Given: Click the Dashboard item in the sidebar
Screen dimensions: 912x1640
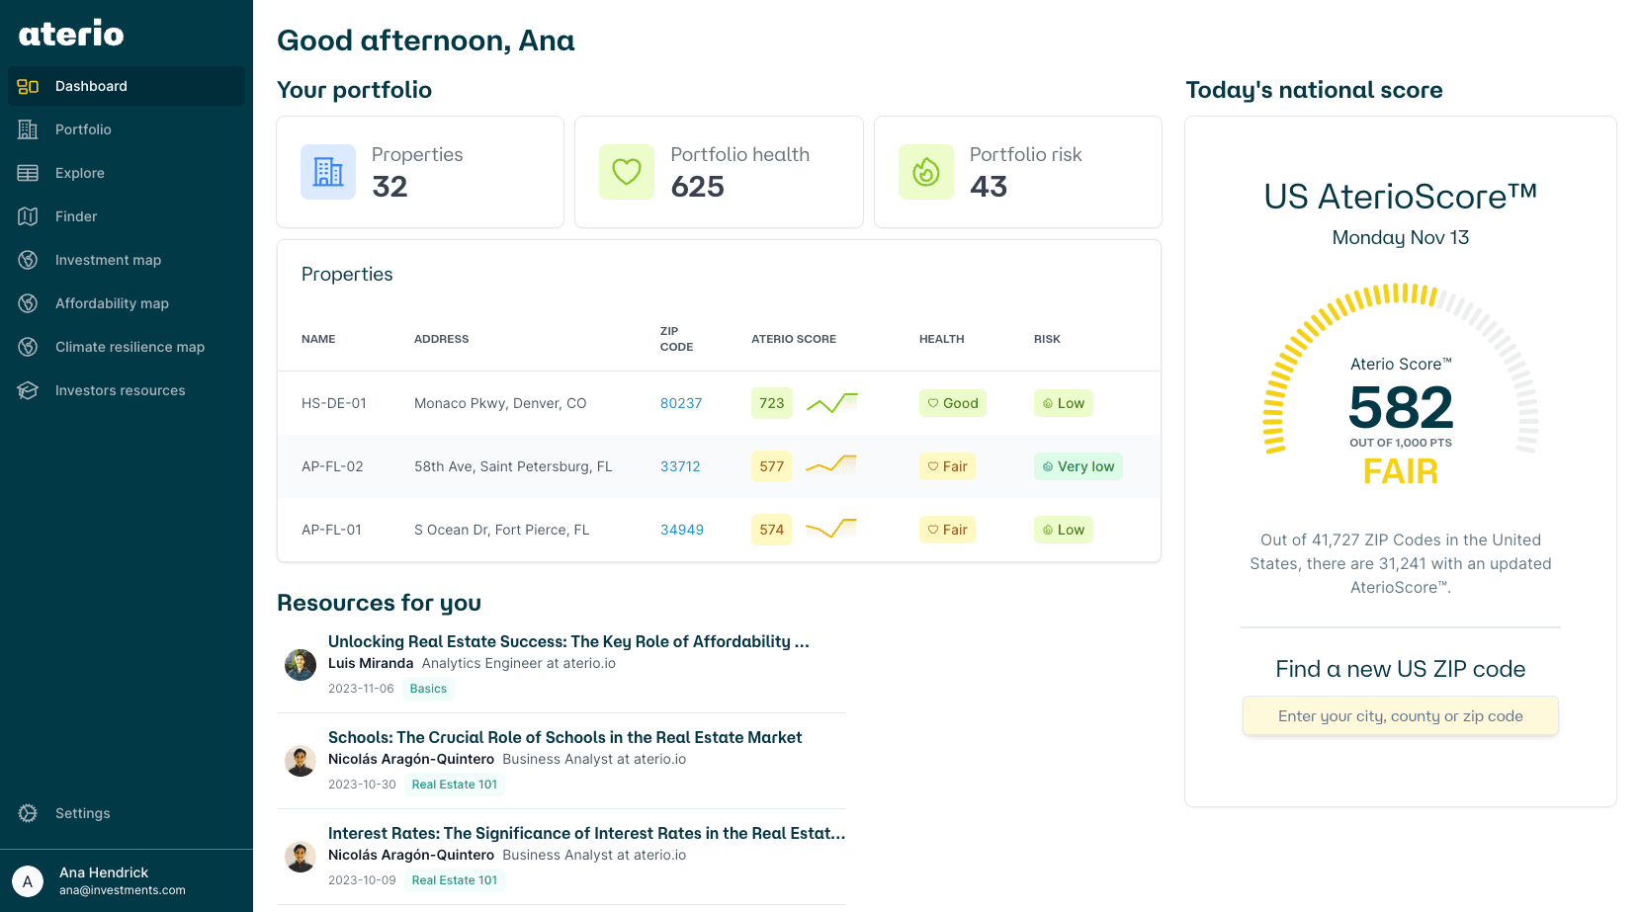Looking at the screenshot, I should (x=91, y=86).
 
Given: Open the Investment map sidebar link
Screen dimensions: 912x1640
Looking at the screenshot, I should (x=108, y=260).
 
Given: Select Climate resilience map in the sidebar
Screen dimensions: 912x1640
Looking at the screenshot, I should (x=129, y=347).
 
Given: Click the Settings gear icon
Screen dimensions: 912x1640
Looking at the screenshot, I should (x=28, y=813).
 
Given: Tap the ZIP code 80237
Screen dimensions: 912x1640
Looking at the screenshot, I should (x=681, y=403).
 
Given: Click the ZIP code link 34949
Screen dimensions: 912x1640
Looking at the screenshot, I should (x=682, y=530).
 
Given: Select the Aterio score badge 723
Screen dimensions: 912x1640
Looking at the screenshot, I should (x=772, y=403).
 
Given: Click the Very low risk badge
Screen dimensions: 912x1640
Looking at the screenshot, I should (x=1078, y=466).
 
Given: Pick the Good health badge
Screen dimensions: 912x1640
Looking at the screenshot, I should (x=952, y=403).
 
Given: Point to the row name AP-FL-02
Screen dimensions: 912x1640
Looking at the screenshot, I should (x=332, y=466).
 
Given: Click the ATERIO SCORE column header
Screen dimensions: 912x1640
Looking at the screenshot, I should (x=793, y=339).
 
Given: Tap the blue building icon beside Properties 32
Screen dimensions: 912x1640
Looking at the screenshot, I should (x=328, y=172).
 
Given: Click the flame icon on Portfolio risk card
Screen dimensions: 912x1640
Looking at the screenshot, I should (x=925, y=172).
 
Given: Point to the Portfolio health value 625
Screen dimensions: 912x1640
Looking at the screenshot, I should (x=697, y=187).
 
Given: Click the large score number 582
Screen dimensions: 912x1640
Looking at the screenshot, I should (x=1400, y=407).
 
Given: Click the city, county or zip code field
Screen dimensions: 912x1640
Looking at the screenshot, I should (x=1400, y=716).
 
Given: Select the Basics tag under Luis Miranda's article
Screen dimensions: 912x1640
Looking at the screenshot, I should (x=428, y=689).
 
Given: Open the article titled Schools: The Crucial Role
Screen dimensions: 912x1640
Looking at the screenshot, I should (x=564, y=737).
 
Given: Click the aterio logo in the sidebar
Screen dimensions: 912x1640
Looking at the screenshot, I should (x=71, y=34).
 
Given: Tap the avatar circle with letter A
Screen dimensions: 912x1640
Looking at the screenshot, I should (x=28, y=880).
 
